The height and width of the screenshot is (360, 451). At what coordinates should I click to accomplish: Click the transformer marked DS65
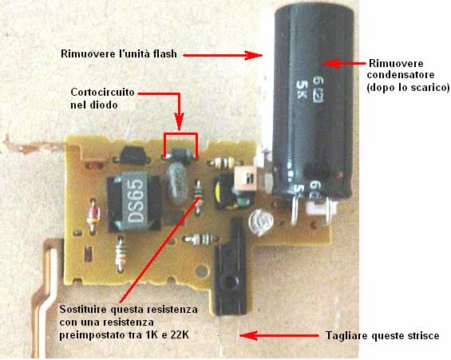pos(134,201)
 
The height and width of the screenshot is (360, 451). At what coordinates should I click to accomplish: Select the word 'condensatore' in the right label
pos(401,75)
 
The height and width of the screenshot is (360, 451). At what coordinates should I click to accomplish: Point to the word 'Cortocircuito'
pos(102,93)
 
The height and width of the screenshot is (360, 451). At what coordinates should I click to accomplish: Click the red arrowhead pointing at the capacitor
pos(330,63)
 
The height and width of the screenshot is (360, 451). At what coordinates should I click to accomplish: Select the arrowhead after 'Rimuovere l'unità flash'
pos(254,55)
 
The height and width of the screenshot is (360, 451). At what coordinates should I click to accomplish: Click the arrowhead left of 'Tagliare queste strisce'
pos(248,335)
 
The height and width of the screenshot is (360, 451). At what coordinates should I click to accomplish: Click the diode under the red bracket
pos(180,156)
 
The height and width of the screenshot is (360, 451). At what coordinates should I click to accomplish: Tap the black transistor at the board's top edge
pos(133,156)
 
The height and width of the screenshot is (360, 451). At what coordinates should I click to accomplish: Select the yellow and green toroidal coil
pos(228,192)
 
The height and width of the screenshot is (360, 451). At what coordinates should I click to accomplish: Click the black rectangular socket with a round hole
pos(231,267)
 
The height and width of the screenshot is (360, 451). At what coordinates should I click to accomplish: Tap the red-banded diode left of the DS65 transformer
pos(93,216)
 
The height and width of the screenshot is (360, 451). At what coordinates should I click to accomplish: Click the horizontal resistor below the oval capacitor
pos(200,239)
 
